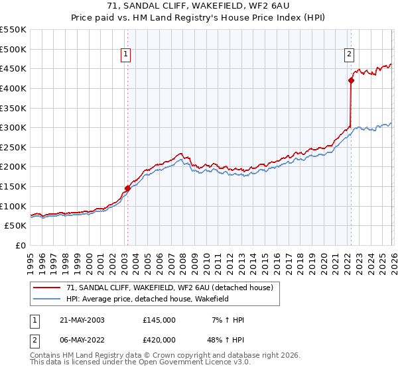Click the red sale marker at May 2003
127,188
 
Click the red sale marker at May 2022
351,81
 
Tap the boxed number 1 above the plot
125,55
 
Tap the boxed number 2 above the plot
349,55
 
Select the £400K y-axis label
13,88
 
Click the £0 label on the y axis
20,245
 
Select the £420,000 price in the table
159,340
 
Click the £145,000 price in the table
159,320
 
